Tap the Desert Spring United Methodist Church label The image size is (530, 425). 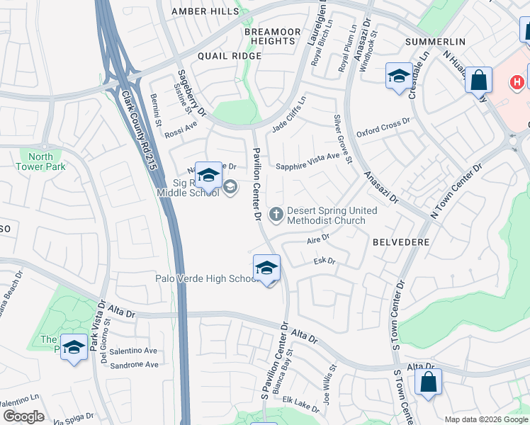click(331, 215)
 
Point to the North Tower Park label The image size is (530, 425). click(40, 161)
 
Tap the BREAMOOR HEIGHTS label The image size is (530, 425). click(274, 37)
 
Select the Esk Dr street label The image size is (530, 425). click(325, 261)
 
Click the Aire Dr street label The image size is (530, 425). click(318, 239)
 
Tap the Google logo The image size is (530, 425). click(23, 416)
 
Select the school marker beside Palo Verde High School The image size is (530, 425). click(266, 268)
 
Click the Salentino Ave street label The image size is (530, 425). click(132, 351)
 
